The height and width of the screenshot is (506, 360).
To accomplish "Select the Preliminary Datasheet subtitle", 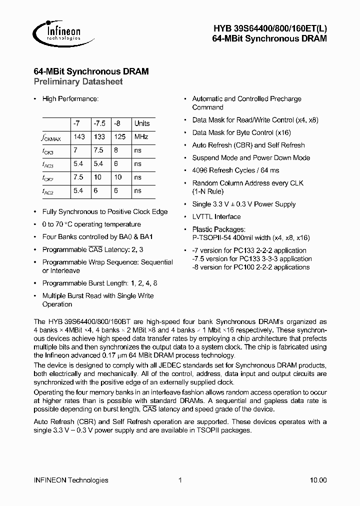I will (78, 81).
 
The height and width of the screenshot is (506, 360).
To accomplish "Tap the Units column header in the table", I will (142, 123).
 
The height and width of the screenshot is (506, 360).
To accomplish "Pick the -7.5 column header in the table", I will (99, 123).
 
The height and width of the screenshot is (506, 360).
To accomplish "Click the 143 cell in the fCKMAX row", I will (79, 136).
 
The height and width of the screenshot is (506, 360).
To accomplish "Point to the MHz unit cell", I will (141, 136).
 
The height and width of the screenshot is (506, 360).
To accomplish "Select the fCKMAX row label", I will (51, 137).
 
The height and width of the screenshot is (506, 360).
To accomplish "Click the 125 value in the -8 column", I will (119, 136).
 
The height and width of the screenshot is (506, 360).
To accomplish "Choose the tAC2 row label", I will (48, 191).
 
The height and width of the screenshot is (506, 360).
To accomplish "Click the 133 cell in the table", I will (99, 136).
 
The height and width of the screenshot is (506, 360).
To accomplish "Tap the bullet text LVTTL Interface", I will (216, 217).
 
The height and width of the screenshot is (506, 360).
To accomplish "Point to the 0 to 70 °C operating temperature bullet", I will (91, 224).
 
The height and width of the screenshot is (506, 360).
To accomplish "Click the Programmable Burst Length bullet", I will (99, 283).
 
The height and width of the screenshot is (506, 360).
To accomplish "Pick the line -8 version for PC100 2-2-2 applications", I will (251, 267).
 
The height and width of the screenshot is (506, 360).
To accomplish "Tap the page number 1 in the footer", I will (179, 480).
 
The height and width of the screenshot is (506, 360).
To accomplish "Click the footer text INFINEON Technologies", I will (70, 480).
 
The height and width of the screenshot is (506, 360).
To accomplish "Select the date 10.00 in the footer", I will (318, 480).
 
